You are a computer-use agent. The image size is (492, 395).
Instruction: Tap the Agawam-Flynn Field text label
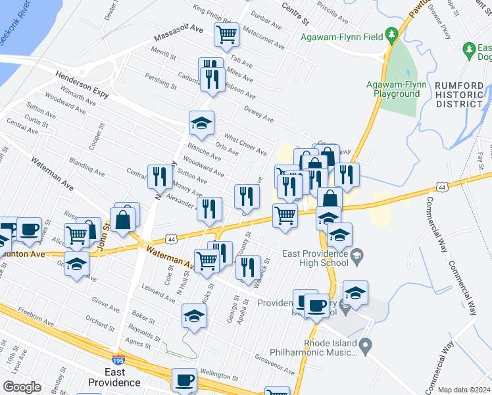tap(342, 37)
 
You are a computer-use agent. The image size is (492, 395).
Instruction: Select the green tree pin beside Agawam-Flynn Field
tap(392, 34)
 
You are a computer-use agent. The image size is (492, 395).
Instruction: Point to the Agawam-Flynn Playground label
tap(393, 89)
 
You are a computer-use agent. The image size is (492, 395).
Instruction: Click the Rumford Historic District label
tap(459, 95)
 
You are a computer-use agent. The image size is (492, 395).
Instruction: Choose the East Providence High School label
tap(315, 258)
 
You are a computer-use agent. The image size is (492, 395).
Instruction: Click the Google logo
tap(22, 387)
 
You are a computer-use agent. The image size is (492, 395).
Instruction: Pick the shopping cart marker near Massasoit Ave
tap(227, 34)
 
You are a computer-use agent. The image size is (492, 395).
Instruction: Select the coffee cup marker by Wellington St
tap(185, 380)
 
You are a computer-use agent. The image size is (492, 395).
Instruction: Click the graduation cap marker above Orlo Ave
tap(202, 122)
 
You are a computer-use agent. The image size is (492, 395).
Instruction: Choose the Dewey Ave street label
tap(258, 114)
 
